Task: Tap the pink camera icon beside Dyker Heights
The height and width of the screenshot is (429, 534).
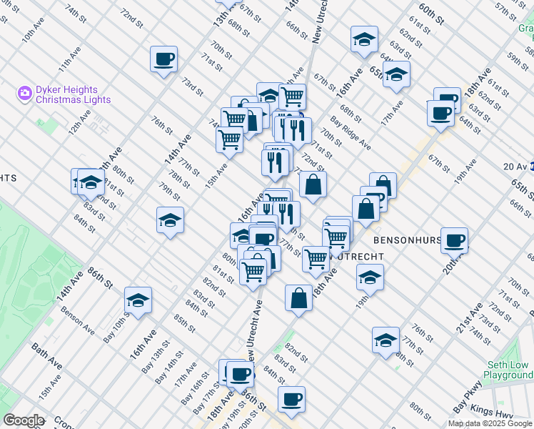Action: click(x=25, y=93)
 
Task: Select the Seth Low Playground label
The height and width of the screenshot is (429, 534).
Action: click(x=508, y=370)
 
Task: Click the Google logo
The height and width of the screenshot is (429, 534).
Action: click(x=23, y=420)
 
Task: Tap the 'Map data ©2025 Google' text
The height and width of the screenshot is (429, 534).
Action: click(x=490, y=423)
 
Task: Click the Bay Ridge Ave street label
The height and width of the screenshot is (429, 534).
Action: click(x=350, y=133)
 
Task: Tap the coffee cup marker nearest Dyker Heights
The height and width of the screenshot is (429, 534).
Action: click(x=163, y=59)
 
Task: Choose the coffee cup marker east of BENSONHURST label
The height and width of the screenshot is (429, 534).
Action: click(x=454, y=241)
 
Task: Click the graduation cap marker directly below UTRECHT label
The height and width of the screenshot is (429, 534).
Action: click(x=369, y=277)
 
